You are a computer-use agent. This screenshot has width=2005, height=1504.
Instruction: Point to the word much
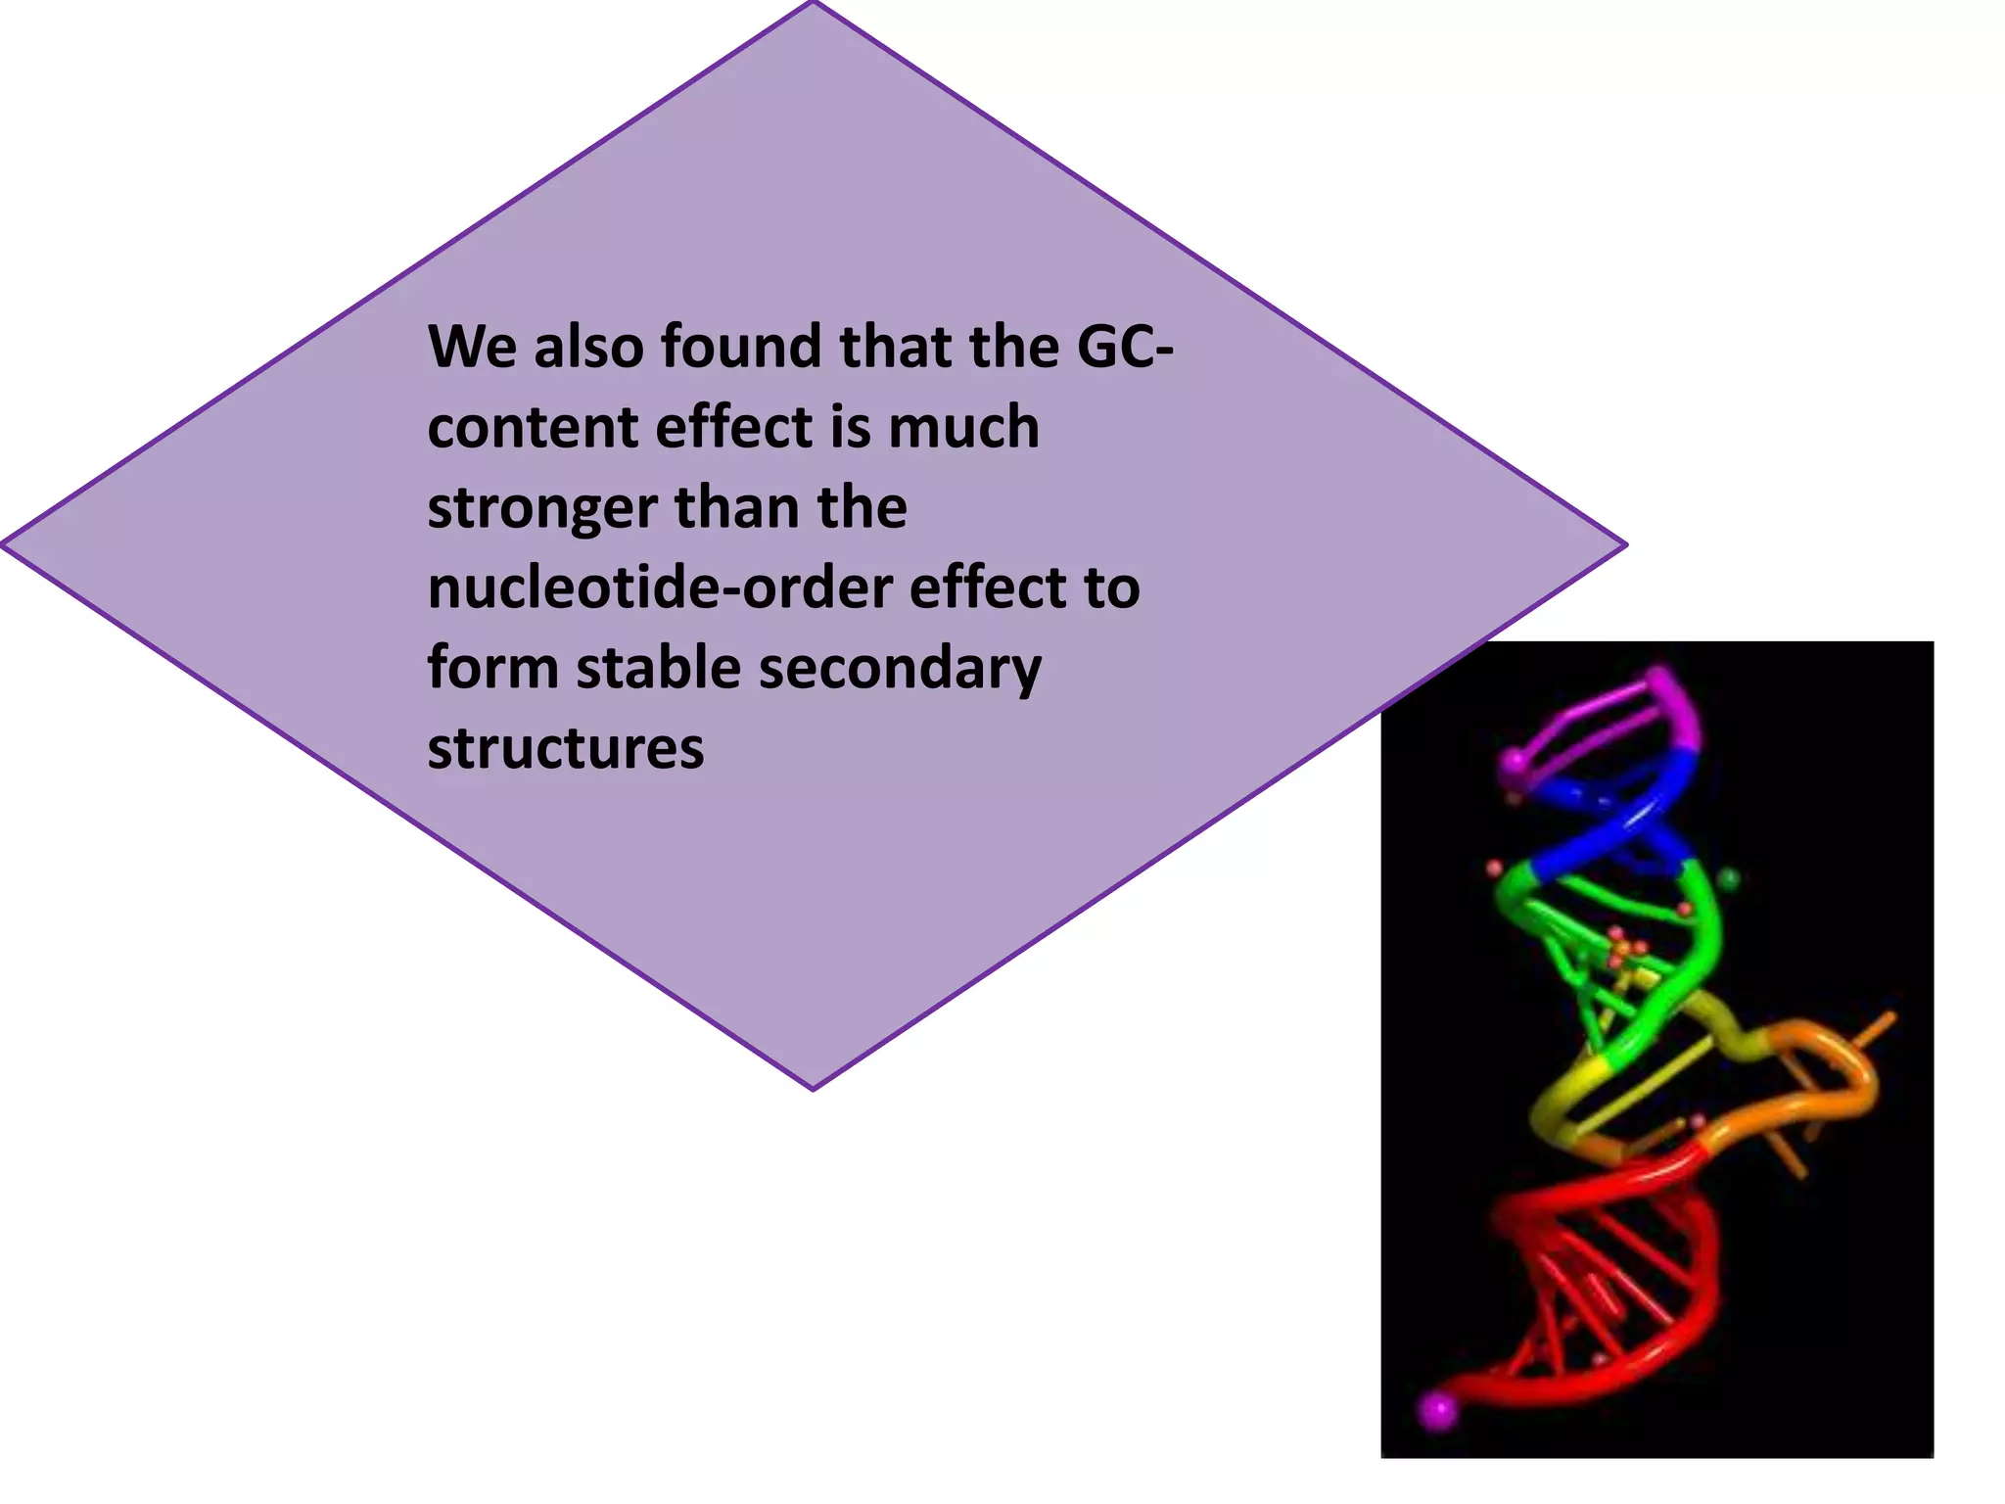(963, 428)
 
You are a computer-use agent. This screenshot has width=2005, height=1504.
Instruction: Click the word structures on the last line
(565, 749)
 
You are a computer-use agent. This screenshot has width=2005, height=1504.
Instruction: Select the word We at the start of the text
(472, 347)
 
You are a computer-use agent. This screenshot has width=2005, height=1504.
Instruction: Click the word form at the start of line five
(491, 669)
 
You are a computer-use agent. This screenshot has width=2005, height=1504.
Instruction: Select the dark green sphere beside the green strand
(1729, 878)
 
